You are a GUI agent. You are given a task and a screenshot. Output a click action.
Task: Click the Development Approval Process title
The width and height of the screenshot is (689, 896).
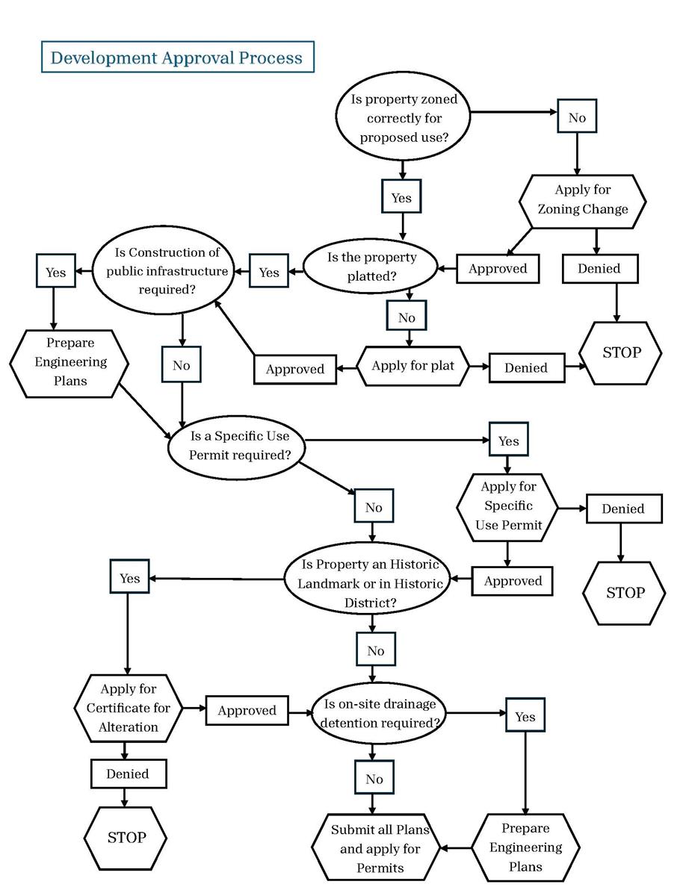[177, 57]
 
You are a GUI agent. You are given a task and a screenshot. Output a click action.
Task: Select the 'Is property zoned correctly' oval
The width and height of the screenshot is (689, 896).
[404, 118]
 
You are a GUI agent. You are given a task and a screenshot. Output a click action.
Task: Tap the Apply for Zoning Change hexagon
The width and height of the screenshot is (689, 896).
[582, 200]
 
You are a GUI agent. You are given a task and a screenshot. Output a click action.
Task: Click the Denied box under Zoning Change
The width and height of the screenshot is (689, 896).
[599, 269]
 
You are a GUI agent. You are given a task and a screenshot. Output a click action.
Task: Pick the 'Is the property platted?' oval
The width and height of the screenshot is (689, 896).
[371, 267]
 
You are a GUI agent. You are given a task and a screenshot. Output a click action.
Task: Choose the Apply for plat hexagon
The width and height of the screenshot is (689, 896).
[412, 366]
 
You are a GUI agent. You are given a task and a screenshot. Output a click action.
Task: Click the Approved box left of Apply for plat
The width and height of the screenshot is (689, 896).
[295, 369]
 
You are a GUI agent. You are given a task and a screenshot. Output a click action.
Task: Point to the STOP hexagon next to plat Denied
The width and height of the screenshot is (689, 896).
[622, 352]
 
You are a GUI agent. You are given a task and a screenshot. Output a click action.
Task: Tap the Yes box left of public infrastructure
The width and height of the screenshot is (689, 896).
[55, 273]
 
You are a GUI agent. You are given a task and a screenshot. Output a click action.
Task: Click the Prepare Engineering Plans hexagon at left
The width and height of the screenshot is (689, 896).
[69, 362]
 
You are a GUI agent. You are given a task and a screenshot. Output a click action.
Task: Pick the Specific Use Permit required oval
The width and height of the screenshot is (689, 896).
[236, 446]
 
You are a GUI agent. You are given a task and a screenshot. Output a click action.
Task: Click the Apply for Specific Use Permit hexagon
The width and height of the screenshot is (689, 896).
[508, 505]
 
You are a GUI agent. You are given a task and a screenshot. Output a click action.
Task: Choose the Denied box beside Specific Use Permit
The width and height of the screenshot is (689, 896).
[622, 508]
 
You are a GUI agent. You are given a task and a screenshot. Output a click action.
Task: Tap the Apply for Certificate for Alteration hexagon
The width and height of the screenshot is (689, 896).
[128, 708]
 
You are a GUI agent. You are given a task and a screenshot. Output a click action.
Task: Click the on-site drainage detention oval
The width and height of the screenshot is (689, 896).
[380, 713]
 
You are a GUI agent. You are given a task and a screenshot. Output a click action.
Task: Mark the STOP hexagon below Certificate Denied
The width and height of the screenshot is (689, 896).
[126, 837]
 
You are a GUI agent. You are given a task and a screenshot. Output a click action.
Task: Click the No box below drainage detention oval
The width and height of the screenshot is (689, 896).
[374, 779]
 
